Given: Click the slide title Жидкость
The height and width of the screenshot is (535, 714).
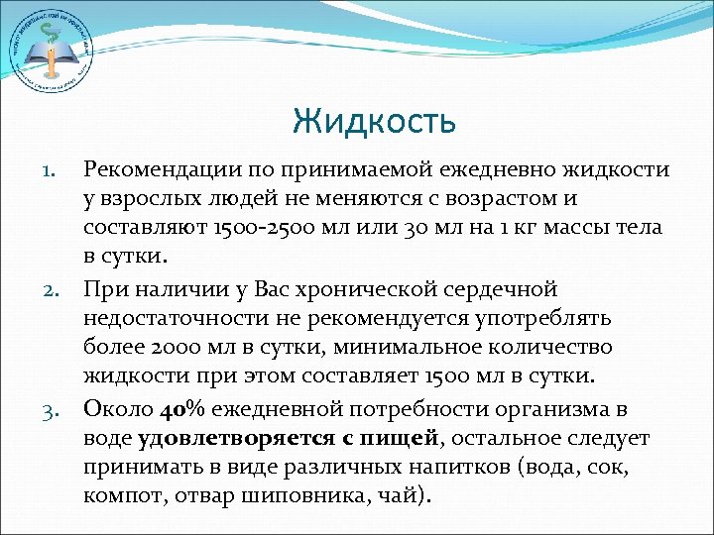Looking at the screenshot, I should pos(374,122).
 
